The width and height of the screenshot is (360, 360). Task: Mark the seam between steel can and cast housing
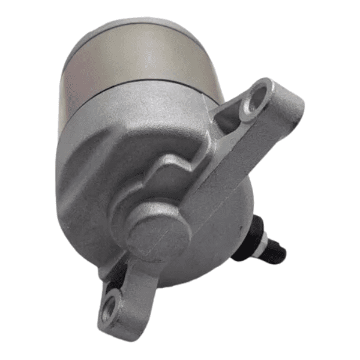point(145,93)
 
